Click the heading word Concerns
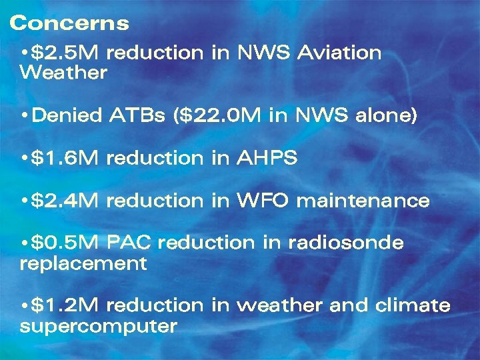tap(69, 23)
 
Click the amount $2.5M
tap(66, 53)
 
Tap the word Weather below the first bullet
tap(63, 73)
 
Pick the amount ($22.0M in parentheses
tap(218, 116)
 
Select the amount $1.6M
tap(65, 159)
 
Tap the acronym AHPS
tap(267, 159)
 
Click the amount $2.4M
tap(66, 201)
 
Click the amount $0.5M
tap(66, 243)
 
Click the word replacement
tap(83, 264)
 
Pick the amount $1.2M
tap(65, 306)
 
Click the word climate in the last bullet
tap(413, 306)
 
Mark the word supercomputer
tap(99, 327)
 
